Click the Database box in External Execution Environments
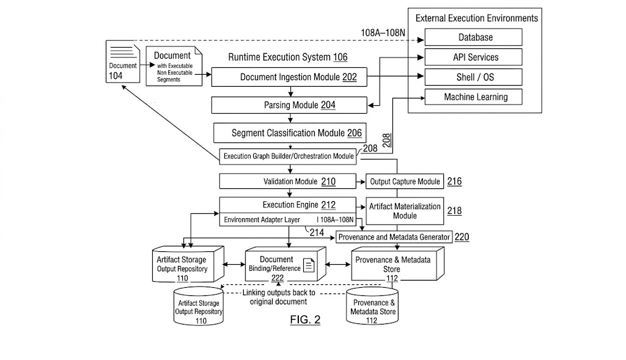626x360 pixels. (x=474, y=37)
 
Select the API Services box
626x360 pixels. (x=474, y=57)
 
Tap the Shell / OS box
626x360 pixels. (x=474, y=77)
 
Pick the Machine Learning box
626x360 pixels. (x=474, y=97)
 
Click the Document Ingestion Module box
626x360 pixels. (x=290, y=77)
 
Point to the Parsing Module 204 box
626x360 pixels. (x=290, y=105)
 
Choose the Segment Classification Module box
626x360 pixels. (x=290, y=133)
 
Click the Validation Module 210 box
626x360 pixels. (x=286, y=182)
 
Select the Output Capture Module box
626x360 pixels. (x=405, y=182)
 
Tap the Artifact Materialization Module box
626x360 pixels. (x=405, y=211)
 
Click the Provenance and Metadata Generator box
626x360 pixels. (x=394, y=237)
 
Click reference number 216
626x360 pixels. (x=455, y=182)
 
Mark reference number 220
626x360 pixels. (x=462, y=237)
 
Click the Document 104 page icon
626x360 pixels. (x=123, y=61)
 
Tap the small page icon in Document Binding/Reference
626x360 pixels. (x=309, y=265)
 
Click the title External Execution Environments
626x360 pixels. (x=477, y=18)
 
